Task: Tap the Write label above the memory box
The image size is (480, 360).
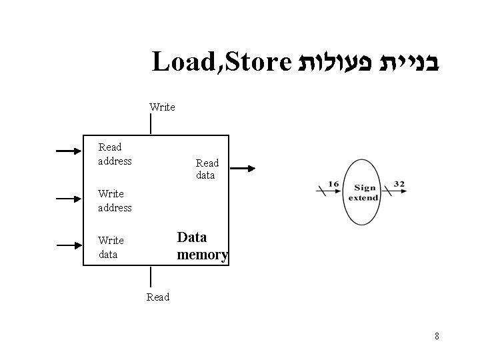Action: [x=163, y=107]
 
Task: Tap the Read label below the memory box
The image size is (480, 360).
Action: [x=158, y=297]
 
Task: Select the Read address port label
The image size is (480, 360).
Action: [x=115, y=154]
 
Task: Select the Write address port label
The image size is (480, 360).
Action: [x=115, y=201]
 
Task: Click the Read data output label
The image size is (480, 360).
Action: [x=206, y=169]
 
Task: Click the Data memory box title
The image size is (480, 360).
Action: [x=202, y=246]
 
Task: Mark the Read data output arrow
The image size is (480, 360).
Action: [x=241, y=169]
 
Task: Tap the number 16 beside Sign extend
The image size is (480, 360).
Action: [x=334, y=184]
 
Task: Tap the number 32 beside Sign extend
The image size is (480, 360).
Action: [x=399, y=184]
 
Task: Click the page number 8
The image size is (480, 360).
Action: [x=437, y=336]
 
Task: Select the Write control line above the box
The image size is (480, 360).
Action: [x=151, y=123]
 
